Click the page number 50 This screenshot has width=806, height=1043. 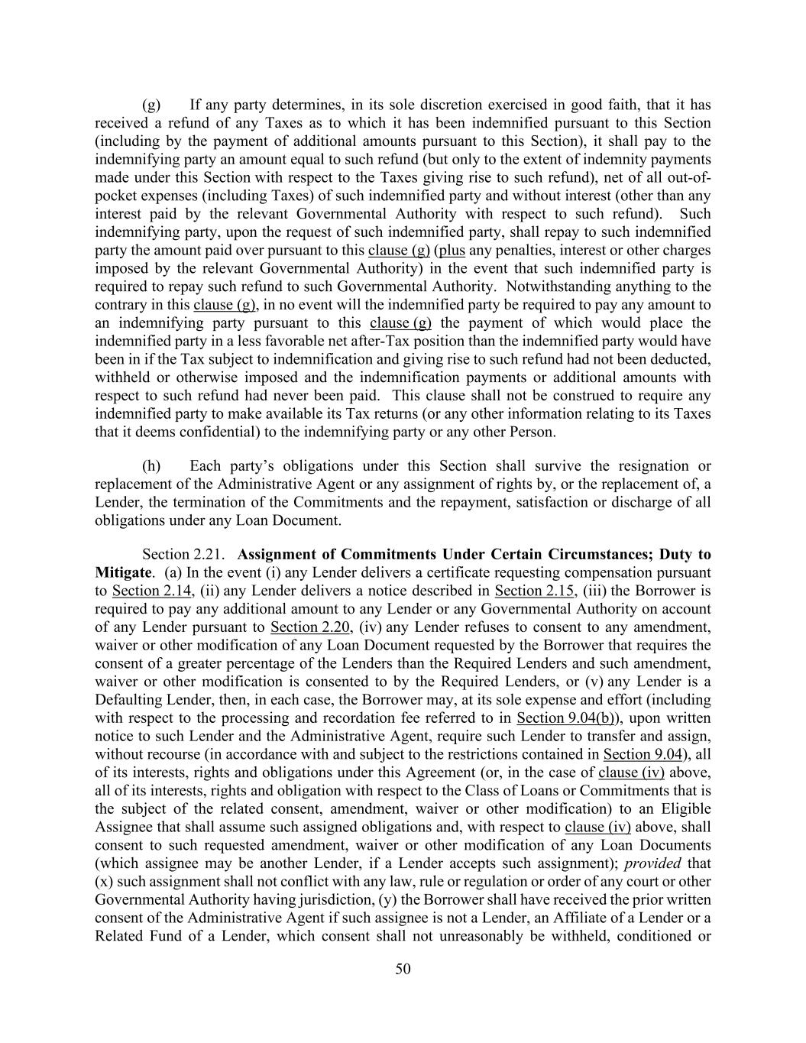click(x=403, y=970)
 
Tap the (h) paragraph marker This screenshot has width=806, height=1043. click(x=151, y=466)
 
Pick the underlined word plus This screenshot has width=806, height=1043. click(x=451, y=251)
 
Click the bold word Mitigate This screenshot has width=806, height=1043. click(x=121, y=572)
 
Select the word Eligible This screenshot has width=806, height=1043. click(x=686, y=809)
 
